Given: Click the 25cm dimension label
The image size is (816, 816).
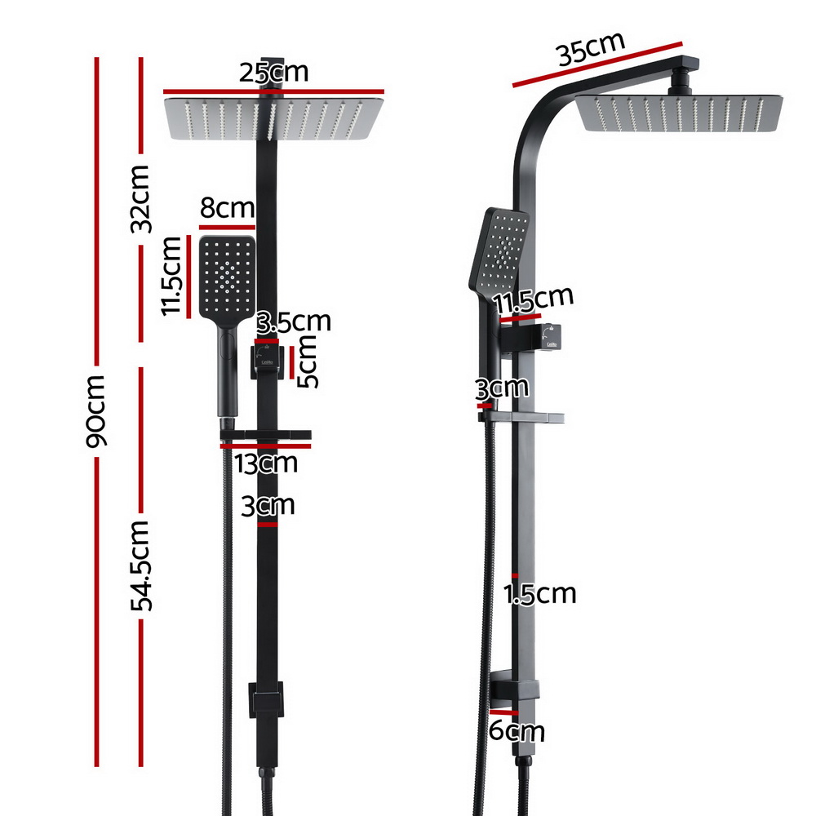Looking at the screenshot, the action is tap(273, 73).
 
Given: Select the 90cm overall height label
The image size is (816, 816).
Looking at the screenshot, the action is tap(96, 411).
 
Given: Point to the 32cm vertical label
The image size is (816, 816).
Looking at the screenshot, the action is tap(140, 198).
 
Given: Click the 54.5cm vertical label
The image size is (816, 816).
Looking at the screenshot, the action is tap(141, 565).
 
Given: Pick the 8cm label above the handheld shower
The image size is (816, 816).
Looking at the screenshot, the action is tap(228, 208).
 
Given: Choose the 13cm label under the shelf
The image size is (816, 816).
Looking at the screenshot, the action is tap(266, 463).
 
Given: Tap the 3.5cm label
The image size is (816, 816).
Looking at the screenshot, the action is tap(294, 322).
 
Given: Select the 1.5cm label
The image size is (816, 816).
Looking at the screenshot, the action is tap(540, 594).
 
